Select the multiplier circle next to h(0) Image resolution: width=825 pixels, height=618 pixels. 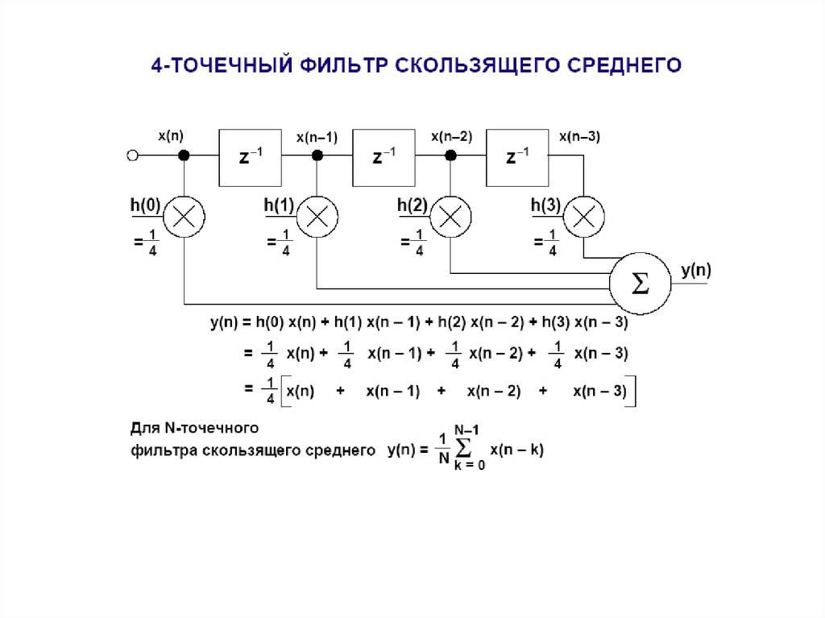pyautogui.click(x=184, y=216)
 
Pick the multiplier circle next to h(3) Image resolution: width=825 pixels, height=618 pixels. pyautogui.click(x=584, y=216)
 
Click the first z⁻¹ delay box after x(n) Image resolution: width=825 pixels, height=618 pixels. pyautogui.click(x=250, y=157)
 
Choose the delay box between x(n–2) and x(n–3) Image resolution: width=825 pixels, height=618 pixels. pyautogui.click(x=517, y=157)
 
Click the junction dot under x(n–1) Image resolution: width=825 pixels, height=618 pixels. pyautogui.click(x=317, y=156)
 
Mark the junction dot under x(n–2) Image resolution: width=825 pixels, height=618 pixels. pyautogui.click(x=451, y=156)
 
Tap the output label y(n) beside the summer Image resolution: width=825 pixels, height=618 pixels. pyautogui.click(x=696, y=271)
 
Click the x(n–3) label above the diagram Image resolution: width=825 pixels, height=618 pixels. pyautogui.click(x=579, y=136)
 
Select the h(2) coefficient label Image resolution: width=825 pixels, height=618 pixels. pyautogui.click(x=412, y=205)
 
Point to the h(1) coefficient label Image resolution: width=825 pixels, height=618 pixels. pyautogui.click(x=279, y=205)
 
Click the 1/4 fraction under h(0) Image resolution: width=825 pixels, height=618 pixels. pyautogui.click(x=151, y=242)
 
